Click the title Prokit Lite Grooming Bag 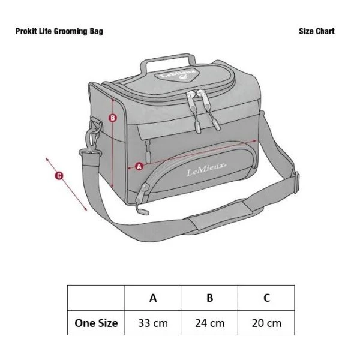click(x=59, y=31)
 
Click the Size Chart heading click(x=316, y=31)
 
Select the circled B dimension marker click(x=113, y=118)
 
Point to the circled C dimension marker click(x=59, y=176)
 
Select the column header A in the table click(x=153, y=298)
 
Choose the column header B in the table click(x=209, y=298)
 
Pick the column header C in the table click(x=266, y=298)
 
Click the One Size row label click(x=96, y=323)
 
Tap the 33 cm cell click(x=153, y=323)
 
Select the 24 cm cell click(x=209, y=323)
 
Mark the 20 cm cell click(x=266, y=323)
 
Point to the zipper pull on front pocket click(x=142, y=204)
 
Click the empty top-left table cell click(x=96, y=298)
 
